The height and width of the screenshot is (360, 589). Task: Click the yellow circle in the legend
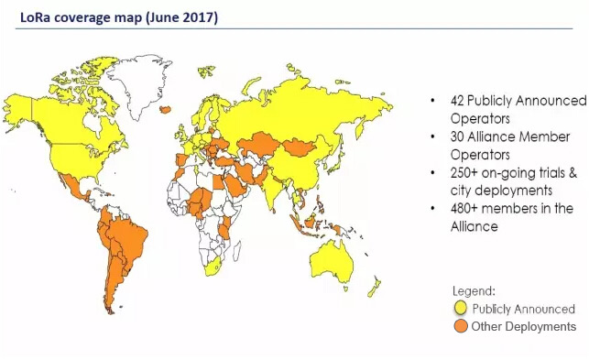[x=463, y=309]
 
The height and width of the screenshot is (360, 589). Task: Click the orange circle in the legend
[x=463, y=326]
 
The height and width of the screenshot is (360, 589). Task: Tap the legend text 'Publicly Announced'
[x=524, y=309]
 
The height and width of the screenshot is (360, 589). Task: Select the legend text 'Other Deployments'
[x=524, y=326]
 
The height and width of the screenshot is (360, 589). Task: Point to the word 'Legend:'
[x=474, y=290]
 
